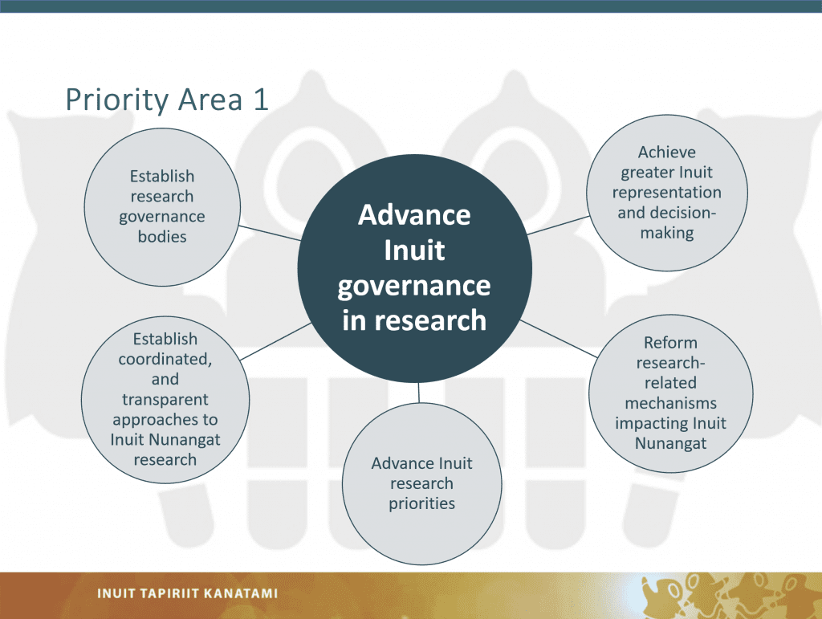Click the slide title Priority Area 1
click(x=167, y=100)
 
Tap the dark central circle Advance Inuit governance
click(x=415, y=268)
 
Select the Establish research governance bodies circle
click(x=162, y=207)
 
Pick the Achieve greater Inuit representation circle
click(x=667, y=193)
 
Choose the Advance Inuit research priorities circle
click(x=422, y=484)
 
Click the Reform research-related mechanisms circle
click(x=671, y=393)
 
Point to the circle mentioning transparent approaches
click(x=165, y=399)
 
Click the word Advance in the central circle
click(x=414, y=215)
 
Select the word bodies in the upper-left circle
click(x=162, y=236)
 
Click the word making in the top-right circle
click(x=667, y=233)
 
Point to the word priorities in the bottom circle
click(x=422, y=503)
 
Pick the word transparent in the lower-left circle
click(x=165, y=399)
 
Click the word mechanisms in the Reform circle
click(x=670, y=403)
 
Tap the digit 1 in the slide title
click(x=261, y=100)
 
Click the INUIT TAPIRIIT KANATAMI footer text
click(x=187, y=593)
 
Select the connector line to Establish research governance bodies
click(x=270, y=234)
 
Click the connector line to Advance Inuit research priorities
click(x=419, y=393)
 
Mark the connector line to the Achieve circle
click(x=559, y=225)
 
